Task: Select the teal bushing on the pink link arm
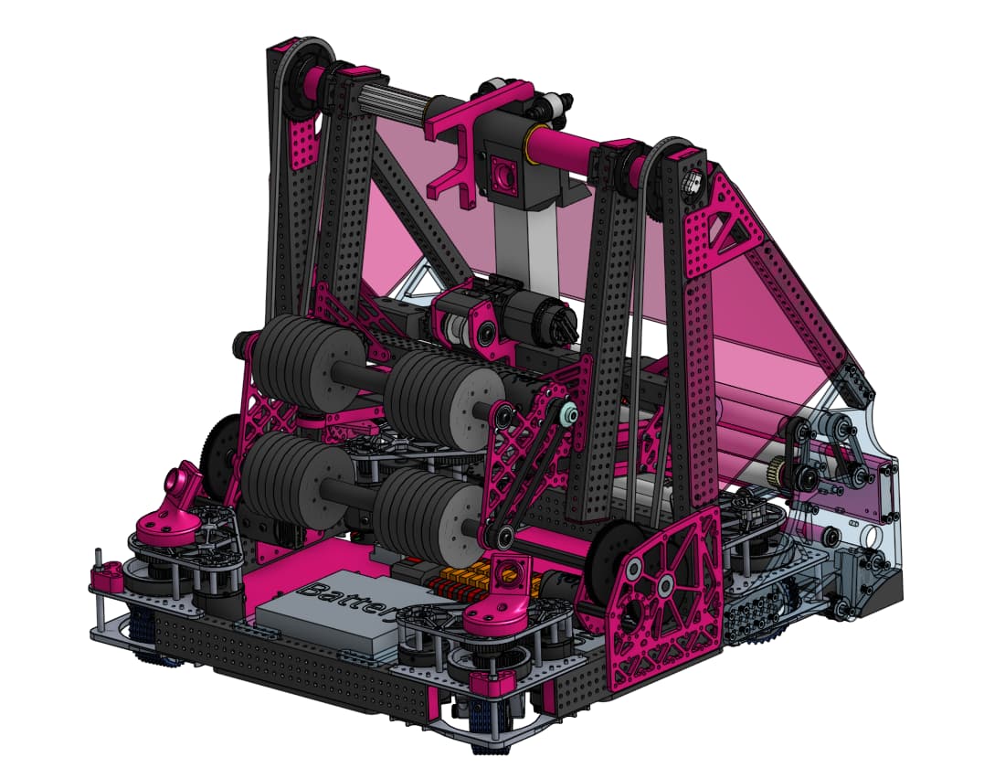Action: point(568,413)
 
